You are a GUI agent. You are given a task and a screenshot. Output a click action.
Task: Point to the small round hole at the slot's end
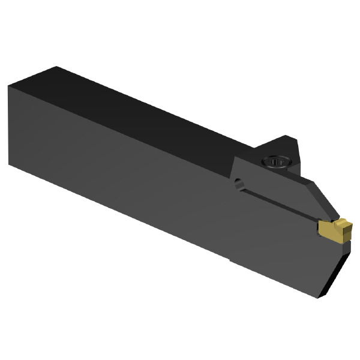pos(239,184)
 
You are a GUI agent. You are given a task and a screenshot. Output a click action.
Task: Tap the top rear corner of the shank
pos(57,67)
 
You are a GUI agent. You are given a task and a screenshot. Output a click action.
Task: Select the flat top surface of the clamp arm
pos(270,171)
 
